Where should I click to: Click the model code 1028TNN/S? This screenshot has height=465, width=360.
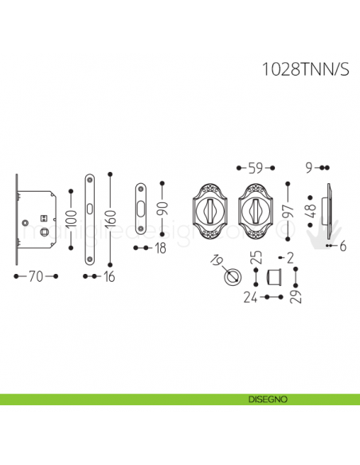[306, 69]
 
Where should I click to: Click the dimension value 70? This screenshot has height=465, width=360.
[36, 276]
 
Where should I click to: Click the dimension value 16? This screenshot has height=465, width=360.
[109, 276]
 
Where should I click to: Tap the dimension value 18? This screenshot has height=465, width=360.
[160, 248]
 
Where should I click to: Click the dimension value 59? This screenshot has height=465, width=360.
[256, 168]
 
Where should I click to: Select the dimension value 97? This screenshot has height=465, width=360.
[288, 211]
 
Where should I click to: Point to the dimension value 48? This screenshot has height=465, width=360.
[312, 212]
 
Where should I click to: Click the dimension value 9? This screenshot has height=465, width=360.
[309, 168]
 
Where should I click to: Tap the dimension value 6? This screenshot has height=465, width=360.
[343, 247]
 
